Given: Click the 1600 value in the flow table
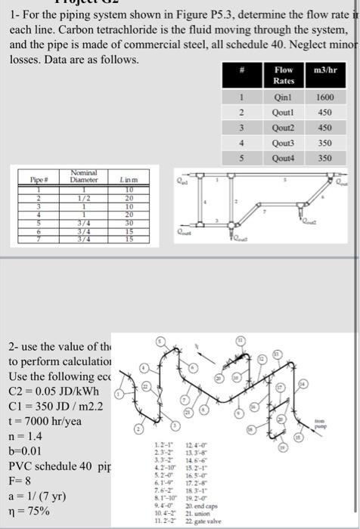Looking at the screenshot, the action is click(x=324, y=97).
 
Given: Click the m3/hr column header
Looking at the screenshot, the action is click(x=324, y=70).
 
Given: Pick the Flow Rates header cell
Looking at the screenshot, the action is click(x=284, y=75).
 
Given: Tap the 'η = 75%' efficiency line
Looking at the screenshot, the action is click(x=30, y=512).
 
